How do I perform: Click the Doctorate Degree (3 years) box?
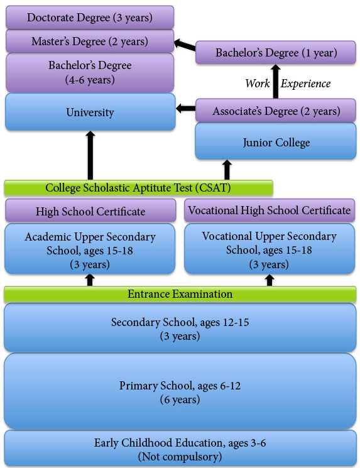tap(90, 18)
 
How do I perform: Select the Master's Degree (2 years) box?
tap(90, 41)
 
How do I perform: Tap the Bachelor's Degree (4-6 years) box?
tap(90, 72)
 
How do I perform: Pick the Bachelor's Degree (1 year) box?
tap(276, 53)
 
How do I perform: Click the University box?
tap(90, 112)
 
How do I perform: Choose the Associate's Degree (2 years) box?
tap(276, 111)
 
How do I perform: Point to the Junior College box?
tap(276, 141)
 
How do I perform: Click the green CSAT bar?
tap(138, 188)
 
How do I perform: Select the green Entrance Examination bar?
tap(180, 294)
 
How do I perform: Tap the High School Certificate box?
tap(90, 211)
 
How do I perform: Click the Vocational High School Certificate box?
tap(270, 210)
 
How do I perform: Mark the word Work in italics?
tap(258, 84)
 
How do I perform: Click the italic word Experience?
tap(305, 84)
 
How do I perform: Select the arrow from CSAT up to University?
tap(90, 156)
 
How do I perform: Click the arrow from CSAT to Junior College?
tap(227, 170)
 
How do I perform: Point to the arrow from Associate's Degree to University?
tap(186, 108)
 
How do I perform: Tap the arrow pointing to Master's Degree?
tap(185, 45)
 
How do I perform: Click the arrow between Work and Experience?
tap(276, 82)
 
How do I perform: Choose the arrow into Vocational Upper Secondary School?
tap(270, 280)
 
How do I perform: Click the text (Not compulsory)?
tap(180, 456)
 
